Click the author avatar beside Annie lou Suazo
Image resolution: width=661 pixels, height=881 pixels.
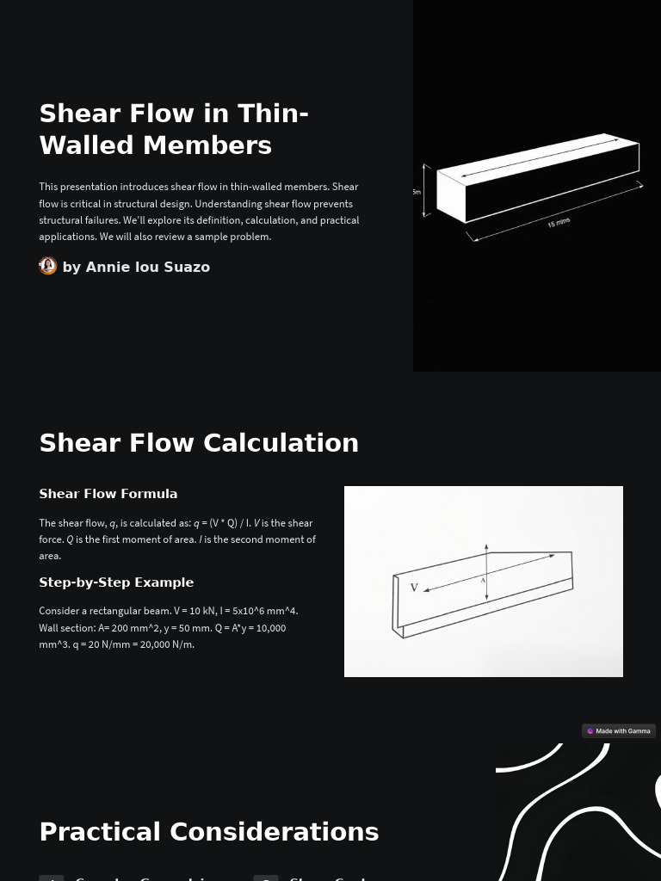[48, 266]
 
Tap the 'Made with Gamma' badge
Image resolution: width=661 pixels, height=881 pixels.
[619, 731]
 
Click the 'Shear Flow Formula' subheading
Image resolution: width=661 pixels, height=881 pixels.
[108, 494]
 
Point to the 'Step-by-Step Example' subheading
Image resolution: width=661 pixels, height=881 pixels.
[116, 582]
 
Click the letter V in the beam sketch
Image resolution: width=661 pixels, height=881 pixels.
[414, 588]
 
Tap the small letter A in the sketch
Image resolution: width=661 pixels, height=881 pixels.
[483, 581]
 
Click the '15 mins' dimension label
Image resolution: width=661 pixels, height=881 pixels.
[559, 223]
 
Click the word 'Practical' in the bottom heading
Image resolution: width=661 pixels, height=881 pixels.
[100, 832]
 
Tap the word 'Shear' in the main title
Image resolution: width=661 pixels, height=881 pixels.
[81, 114]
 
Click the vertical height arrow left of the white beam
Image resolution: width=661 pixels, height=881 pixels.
[426, 191]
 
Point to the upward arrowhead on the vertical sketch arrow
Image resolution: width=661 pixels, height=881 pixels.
[486, 547]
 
